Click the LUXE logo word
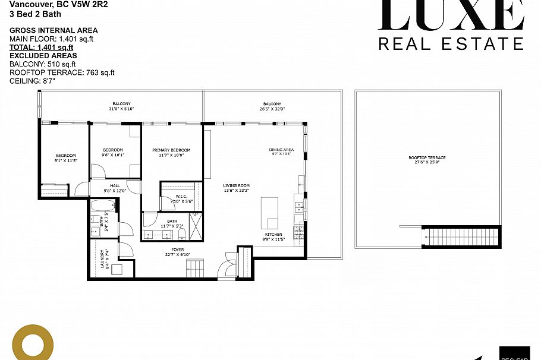point(452,15)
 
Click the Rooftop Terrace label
point(427,157)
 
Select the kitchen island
point(270,213)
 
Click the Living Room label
point(236,185)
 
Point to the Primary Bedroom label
point(171,150)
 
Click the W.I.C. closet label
point(181,196)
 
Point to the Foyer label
point(178,250)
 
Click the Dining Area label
point(281,150)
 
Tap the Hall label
point(115,185)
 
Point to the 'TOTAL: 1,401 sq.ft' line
point(41,47)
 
